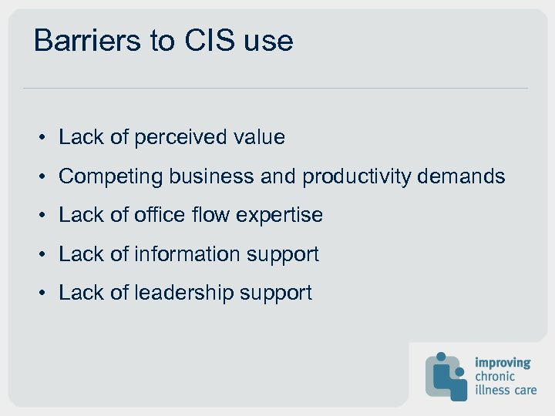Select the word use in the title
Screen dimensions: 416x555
(x=268, y=41)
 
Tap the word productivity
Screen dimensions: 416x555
(x=356, y=176)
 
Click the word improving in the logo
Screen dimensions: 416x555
(x=503, y=362)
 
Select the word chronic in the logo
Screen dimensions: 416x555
(x=495, y=376)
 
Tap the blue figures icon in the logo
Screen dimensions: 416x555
(x=446, y=376)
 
